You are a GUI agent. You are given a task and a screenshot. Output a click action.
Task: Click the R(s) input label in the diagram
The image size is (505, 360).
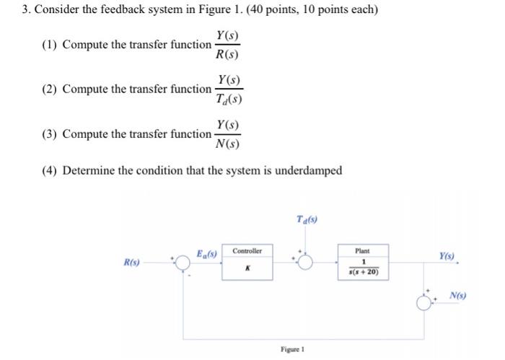(x=131, y=262)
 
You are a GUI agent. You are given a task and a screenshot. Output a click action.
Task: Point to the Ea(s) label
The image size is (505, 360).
(x=207, y=253)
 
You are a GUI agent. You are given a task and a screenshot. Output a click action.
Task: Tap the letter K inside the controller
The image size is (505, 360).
(x=247, y=267)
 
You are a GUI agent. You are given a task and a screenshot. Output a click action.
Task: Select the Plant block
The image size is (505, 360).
(x=362, y=262)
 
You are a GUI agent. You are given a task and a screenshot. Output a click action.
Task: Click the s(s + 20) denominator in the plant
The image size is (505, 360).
(x=362, y=272)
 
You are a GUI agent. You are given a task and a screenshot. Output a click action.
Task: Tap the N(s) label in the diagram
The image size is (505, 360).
(x=457, y=295)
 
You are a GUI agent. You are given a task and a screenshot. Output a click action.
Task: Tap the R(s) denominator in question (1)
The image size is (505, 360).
(x=227, y=54)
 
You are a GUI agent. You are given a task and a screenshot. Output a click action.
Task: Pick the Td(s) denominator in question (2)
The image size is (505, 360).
(x=228, y=100)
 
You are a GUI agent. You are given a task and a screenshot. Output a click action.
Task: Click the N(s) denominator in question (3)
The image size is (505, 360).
(x=227, y=144)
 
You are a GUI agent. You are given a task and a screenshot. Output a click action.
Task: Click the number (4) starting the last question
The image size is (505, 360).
(x=50, y=170)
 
